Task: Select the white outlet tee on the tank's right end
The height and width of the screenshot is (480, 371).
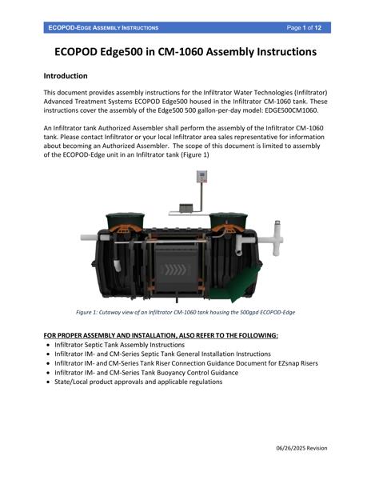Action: click(275, 238)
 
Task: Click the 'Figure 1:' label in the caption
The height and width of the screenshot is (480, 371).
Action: click(91, 312)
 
